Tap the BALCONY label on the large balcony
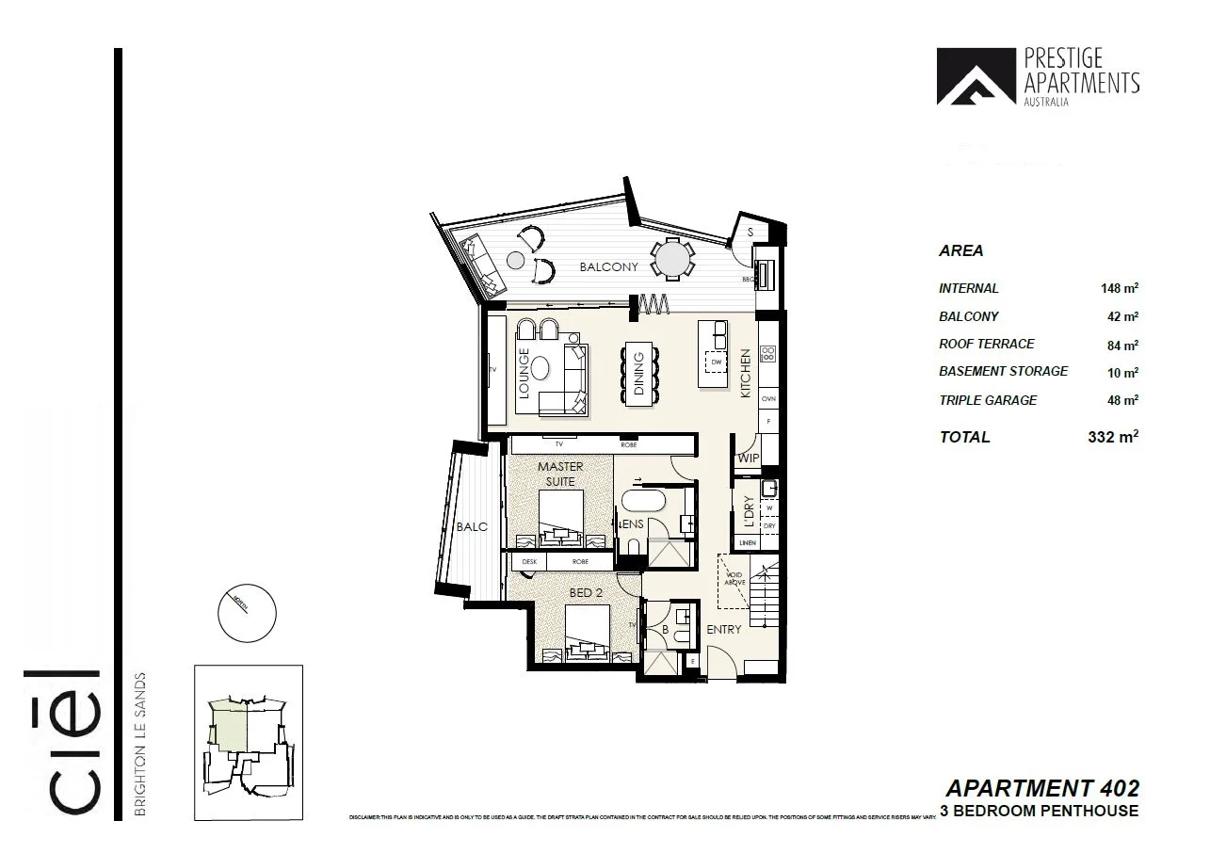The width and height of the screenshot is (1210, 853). tap(608, 267)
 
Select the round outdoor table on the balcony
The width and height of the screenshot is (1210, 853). tap(672, 258)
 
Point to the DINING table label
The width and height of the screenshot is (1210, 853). tap(638, 376)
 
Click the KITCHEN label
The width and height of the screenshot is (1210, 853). tap(746, 373)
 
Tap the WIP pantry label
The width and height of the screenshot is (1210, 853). tap(749, 459)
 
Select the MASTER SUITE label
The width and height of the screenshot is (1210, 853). tap(560, 474)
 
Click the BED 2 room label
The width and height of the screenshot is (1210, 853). tap(586, 592)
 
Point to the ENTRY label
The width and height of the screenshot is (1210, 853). tap(724, 629)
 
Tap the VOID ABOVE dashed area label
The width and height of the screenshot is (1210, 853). tap(734, 577)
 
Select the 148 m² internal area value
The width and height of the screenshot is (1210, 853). tap(1119, 288)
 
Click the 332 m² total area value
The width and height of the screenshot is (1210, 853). tap(1113, 437)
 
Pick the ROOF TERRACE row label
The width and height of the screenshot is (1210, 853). tap(986, 345)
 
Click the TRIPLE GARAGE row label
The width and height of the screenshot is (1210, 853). tap(988, 400)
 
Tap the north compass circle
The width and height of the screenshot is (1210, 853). tap(247, 613)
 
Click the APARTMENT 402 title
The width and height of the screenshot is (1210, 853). tap(1041, 788)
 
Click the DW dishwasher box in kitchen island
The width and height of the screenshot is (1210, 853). tap(717, 362)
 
